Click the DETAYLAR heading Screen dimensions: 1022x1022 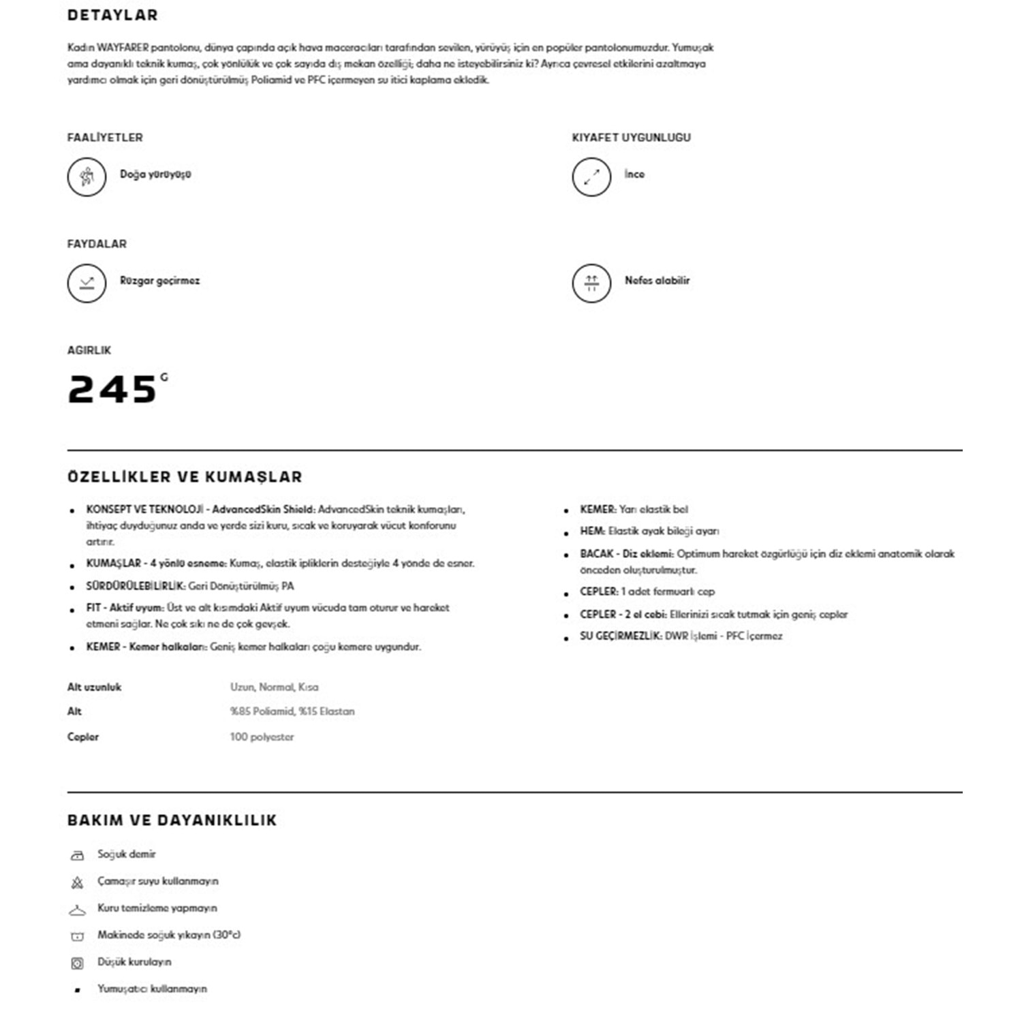[112, 15]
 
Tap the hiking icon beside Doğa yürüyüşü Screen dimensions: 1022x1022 [87, 176]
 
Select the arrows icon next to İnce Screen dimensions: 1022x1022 [591, 176]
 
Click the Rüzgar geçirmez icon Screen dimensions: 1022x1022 [87, 283]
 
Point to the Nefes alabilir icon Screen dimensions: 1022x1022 [591, 283]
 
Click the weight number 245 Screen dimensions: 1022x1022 [113, 390]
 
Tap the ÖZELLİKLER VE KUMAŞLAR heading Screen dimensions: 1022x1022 [185, 477]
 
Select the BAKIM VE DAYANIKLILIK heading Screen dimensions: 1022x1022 [172, 820]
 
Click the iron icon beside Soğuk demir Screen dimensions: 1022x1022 [77, 855]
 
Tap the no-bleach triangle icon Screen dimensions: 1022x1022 [77, 882]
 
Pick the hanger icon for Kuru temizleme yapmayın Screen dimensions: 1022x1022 [77, 910]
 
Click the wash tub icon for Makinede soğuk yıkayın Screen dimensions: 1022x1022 [77, 936]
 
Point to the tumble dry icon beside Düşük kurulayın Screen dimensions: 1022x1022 [77, 963]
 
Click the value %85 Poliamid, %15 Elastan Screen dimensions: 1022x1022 [292, 711]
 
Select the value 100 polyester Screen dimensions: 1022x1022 [262, 737]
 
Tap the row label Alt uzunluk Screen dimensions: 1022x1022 [94, 687]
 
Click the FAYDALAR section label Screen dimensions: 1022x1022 [97, 244]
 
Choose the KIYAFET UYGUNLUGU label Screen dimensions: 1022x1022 [631, 138]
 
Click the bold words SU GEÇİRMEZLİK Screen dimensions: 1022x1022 [621, 636]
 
